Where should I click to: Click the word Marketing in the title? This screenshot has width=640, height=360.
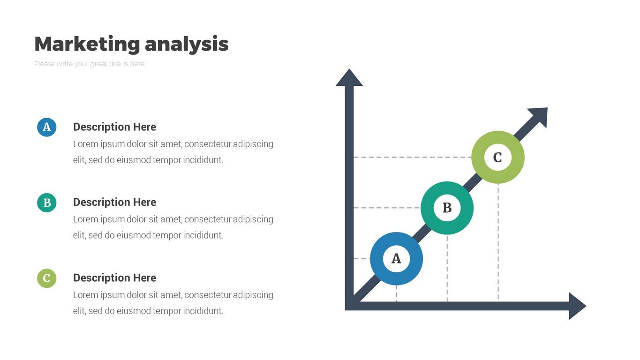(x=87, y=44)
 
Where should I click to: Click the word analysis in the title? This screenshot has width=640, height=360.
(x=187, y=44)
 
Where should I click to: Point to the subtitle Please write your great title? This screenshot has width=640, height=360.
(x=89, y=64)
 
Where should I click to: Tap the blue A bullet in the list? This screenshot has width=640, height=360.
(x=46, y=127)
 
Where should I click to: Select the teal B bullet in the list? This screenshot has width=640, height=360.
(x=46, y=202)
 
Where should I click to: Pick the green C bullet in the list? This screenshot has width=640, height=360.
(x=46, y=278)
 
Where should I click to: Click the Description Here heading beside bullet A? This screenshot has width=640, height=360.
(x=114, y=127)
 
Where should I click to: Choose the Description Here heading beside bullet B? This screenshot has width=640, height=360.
(x=114, y=202)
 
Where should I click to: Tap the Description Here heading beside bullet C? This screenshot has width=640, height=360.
(x=114, y=278)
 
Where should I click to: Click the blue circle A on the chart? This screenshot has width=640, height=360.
(x=396, y=259)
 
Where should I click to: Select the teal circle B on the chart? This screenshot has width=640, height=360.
(x=447, y=208)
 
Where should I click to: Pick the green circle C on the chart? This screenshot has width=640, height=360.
(x=497, y=157)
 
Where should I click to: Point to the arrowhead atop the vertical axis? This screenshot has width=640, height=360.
(x=349, y=78)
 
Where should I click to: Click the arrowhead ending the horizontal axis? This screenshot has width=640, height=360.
(x=577, y=306)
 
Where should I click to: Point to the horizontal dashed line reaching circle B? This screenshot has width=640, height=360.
(x=387, y=208)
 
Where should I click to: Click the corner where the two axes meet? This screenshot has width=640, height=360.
(x=349, y=306)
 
